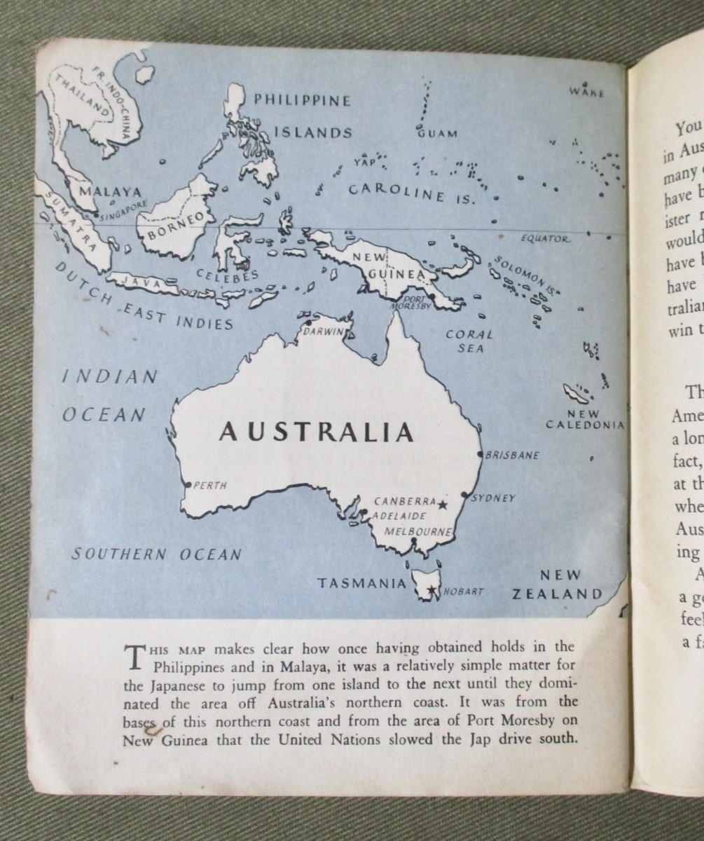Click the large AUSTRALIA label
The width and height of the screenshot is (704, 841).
pos(317,432)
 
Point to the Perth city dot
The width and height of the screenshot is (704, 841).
pos(188,484)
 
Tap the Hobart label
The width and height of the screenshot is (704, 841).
pos(463,592)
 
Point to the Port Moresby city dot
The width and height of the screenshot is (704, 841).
pos(432,296)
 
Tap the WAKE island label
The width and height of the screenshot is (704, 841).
pos(586,92)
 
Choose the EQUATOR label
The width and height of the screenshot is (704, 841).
pos(546,239)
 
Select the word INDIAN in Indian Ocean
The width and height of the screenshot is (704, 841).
pos(110,376)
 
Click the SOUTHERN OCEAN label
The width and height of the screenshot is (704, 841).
pos(157,554)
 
